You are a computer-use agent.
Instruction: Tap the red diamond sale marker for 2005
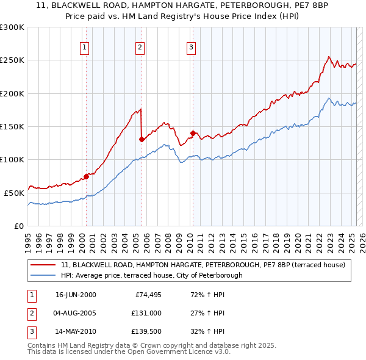click(x=142, y=139)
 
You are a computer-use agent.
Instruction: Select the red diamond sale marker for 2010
click(x=193, y=133)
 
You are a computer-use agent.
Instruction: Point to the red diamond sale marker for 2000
click(x=86, y=176)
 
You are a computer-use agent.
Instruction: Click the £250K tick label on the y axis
click(x=12, y=60)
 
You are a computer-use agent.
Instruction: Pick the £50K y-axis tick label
click(x=13, y=193)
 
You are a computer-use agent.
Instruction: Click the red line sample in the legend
click(x=43, y=265)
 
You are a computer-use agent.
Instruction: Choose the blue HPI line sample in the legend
click(x=43, y=275)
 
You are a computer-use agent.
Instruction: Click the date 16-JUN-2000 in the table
click(x=76, y=295)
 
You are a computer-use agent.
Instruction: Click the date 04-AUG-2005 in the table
click(x=76, y=314)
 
